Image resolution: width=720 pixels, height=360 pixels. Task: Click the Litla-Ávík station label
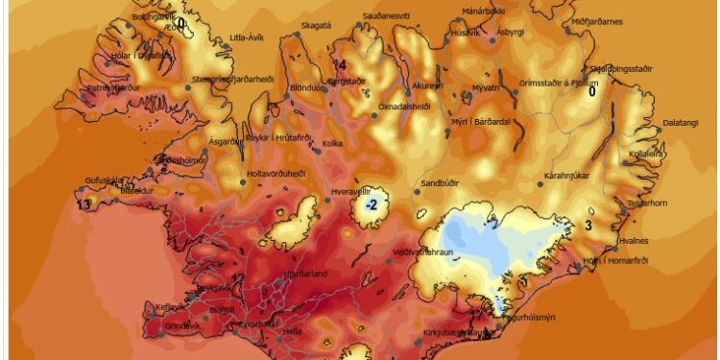(249, 37)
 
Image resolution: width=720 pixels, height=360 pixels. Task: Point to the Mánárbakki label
(483, 12)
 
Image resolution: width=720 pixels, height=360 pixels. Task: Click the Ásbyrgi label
(512, 32)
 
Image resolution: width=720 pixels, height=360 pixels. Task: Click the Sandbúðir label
(441, 181)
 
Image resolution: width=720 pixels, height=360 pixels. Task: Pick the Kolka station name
(333, 144)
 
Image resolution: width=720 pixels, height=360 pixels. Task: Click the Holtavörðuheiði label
(276, 174)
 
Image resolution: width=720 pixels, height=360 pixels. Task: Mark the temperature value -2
(371, 204)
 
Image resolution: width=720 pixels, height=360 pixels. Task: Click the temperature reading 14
(339, 65)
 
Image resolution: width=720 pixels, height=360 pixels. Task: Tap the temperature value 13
(84, 204)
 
